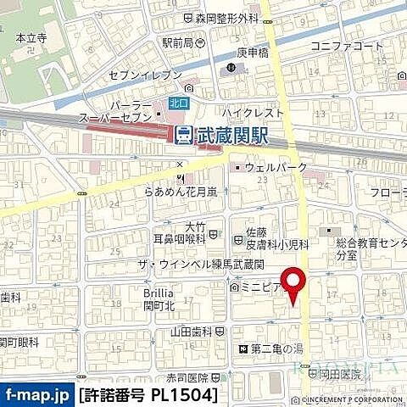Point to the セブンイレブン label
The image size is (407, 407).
click(144, 75)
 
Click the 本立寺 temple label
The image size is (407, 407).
click(31, 38)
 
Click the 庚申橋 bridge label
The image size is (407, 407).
click(252, 52)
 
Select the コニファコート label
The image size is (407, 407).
click(348, 45)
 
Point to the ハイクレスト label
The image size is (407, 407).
click(252, 112)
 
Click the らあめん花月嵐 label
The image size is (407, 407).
click(180, 192)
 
